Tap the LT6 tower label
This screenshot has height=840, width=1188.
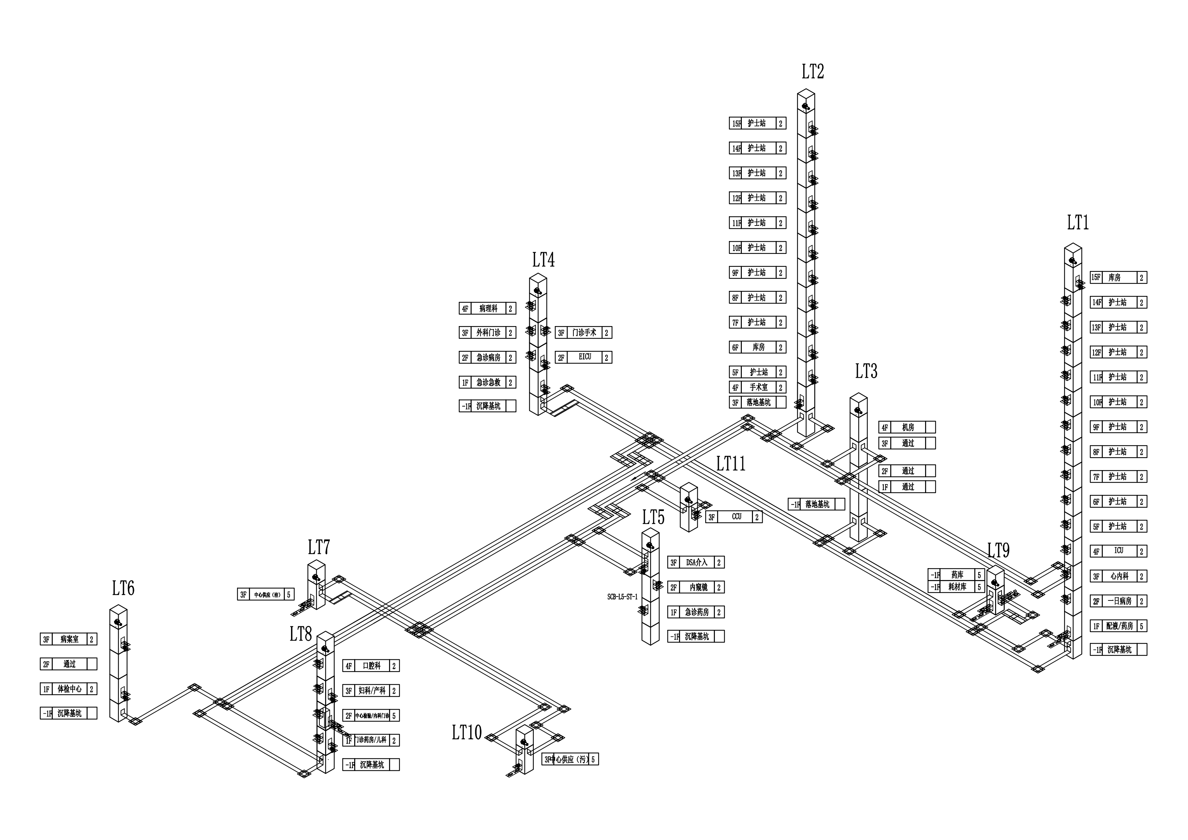coord(123,588)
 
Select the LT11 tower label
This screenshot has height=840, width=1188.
coord(731,464)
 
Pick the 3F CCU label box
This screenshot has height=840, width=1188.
coord(734,517)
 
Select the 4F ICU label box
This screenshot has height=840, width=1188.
coord(1118,551)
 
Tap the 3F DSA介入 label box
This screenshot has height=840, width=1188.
coord(695,562)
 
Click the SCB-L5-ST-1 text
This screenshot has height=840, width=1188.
coord(623,597)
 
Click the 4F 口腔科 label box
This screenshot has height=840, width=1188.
coord(370,666)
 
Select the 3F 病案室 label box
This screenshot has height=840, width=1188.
coord(68,639)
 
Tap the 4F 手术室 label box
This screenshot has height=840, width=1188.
coord(758,387)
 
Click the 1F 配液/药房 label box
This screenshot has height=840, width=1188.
coord(1118,626)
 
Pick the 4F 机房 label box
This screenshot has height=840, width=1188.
coord(906,427)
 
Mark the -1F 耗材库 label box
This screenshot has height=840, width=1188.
coord(956,587)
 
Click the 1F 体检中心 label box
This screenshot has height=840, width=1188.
coord(68,689)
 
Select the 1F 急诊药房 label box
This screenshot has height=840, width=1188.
coord(695,612)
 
